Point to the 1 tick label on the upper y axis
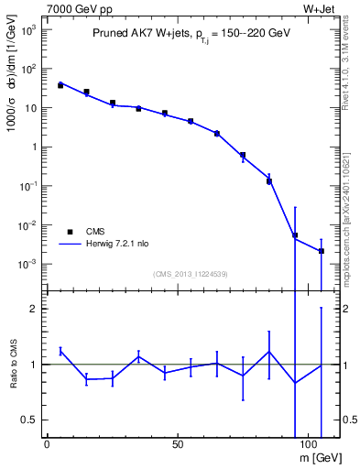click(33, 147)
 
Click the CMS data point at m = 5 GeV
click(60, 85)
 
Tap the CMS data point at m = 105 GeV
click(322, 251)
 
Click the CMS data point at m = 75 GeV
click(243, 155)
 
